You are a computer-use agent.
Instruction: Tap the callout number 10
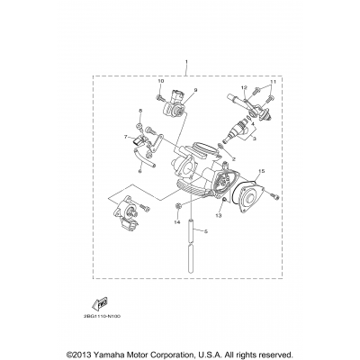click(160, 82)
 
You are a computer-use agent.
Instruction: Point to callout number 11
click(274, 82)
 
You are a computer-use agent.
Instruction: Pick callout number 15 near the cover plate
click(261, 169)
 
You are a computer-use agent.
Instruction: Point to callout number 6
click(140, 169)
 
